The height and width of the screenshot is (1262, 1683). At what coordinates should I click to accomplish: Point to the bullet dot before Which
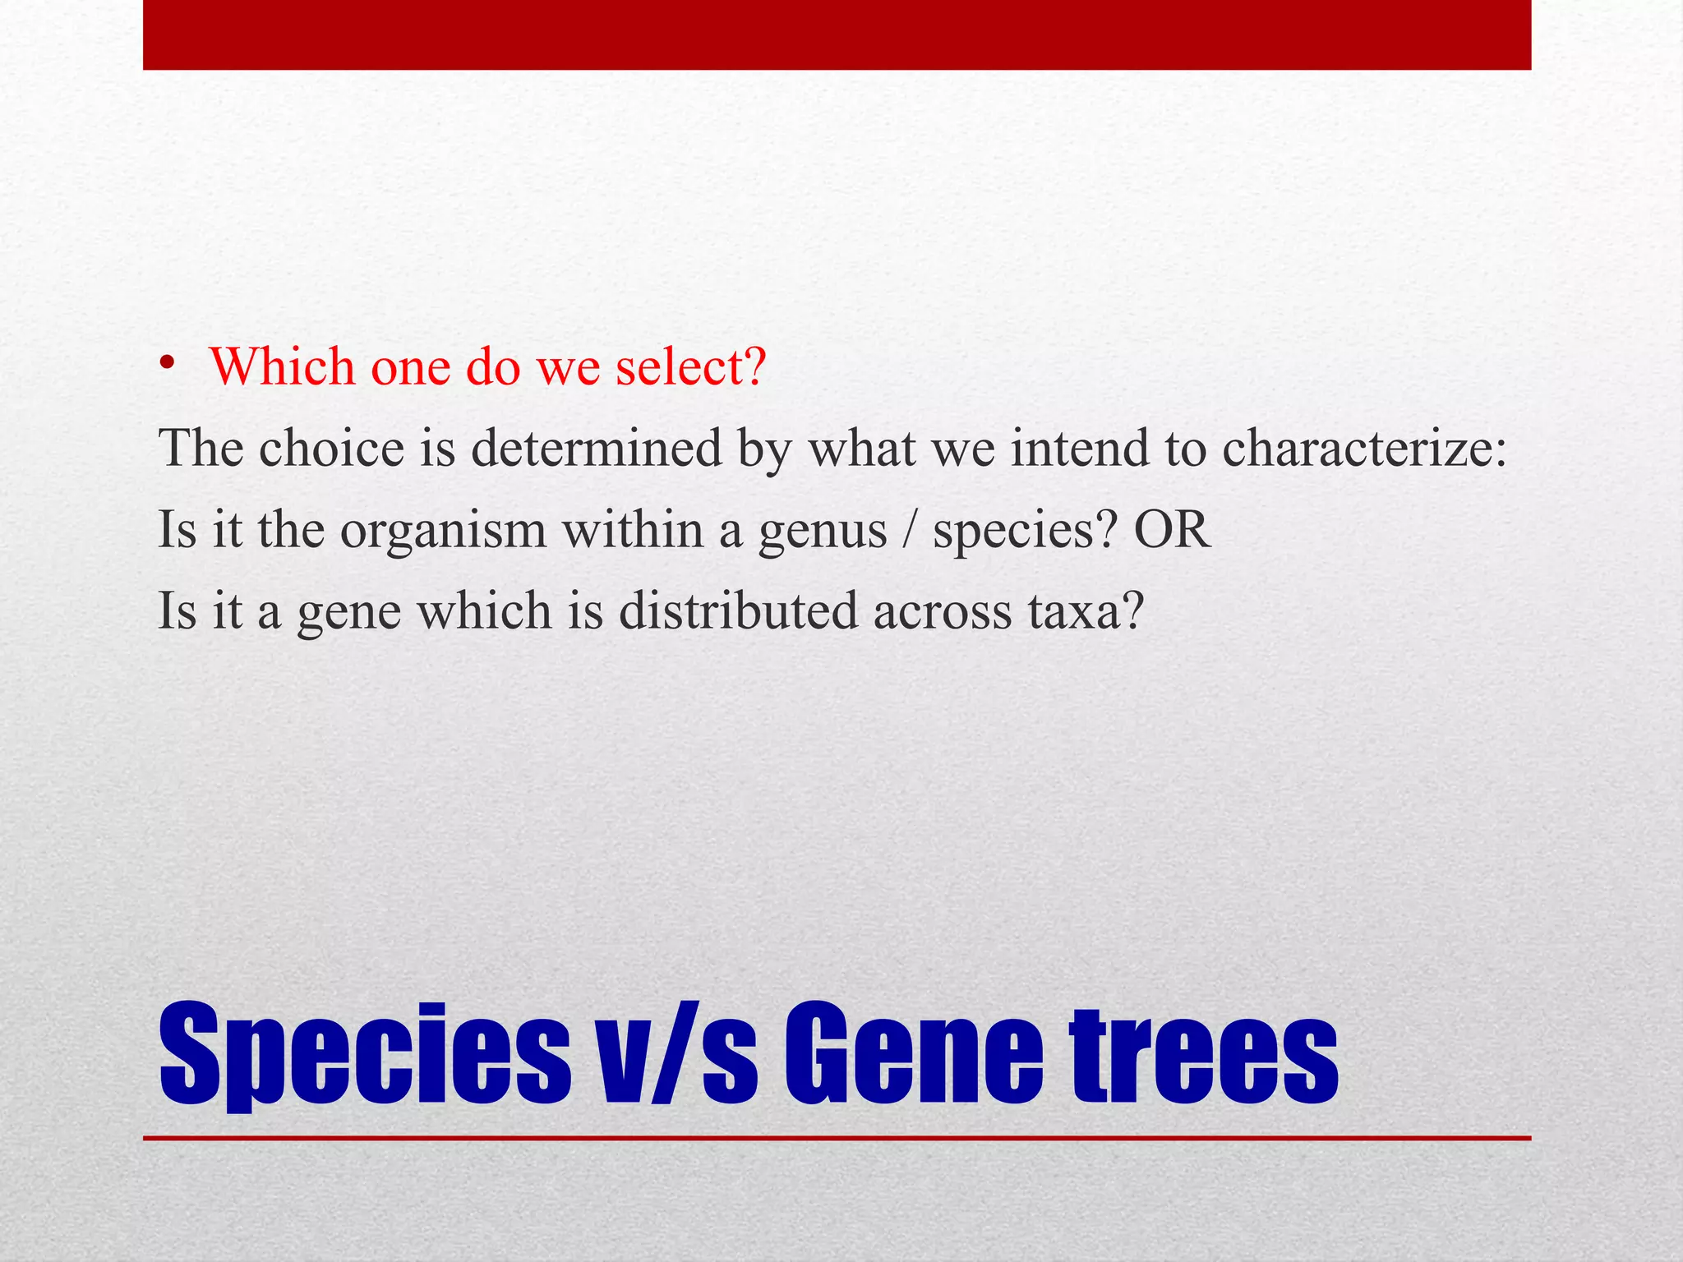(168, 364)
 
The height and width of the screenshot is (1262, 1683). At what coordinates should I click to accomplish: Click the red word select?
(691, 366)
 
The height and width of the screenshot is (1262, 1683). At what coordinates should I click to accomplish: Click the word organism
(443, 531)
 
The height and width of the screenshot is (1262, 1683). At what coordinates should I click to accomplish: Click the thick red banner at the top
(837, 35)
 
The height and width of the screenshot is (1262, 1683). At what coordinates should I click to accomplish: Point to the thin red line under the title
(837, 1139)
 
